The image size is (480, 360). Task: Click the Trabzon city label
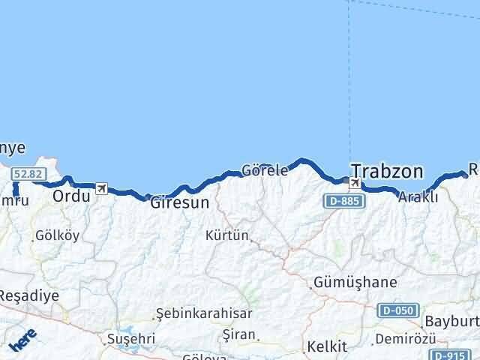coord(387,171)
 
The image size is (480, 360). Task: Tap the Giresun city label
coord(179,202)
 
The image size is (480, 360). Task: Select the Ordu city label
coord(71,196)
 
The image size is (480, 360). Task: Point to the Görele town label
coord(265,170)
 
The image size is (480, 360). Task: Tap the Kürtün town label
coord(227,235)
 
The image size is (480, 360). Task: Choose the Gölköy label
coord(57,235)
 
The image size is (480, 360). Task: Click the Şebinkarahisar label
coord(204,314)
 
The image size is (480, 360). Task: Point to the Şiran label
coord(240,334)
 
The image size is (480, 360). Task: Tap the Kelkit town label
coord(326,346)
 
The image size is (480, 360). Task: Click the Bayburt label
coord(451,322)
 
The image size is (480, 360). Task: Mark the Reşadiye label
coord(29,295)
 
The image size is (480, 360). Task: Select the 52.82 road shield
coord(25,174)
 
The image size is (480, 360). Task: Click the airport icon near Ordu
coord(101,188)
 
